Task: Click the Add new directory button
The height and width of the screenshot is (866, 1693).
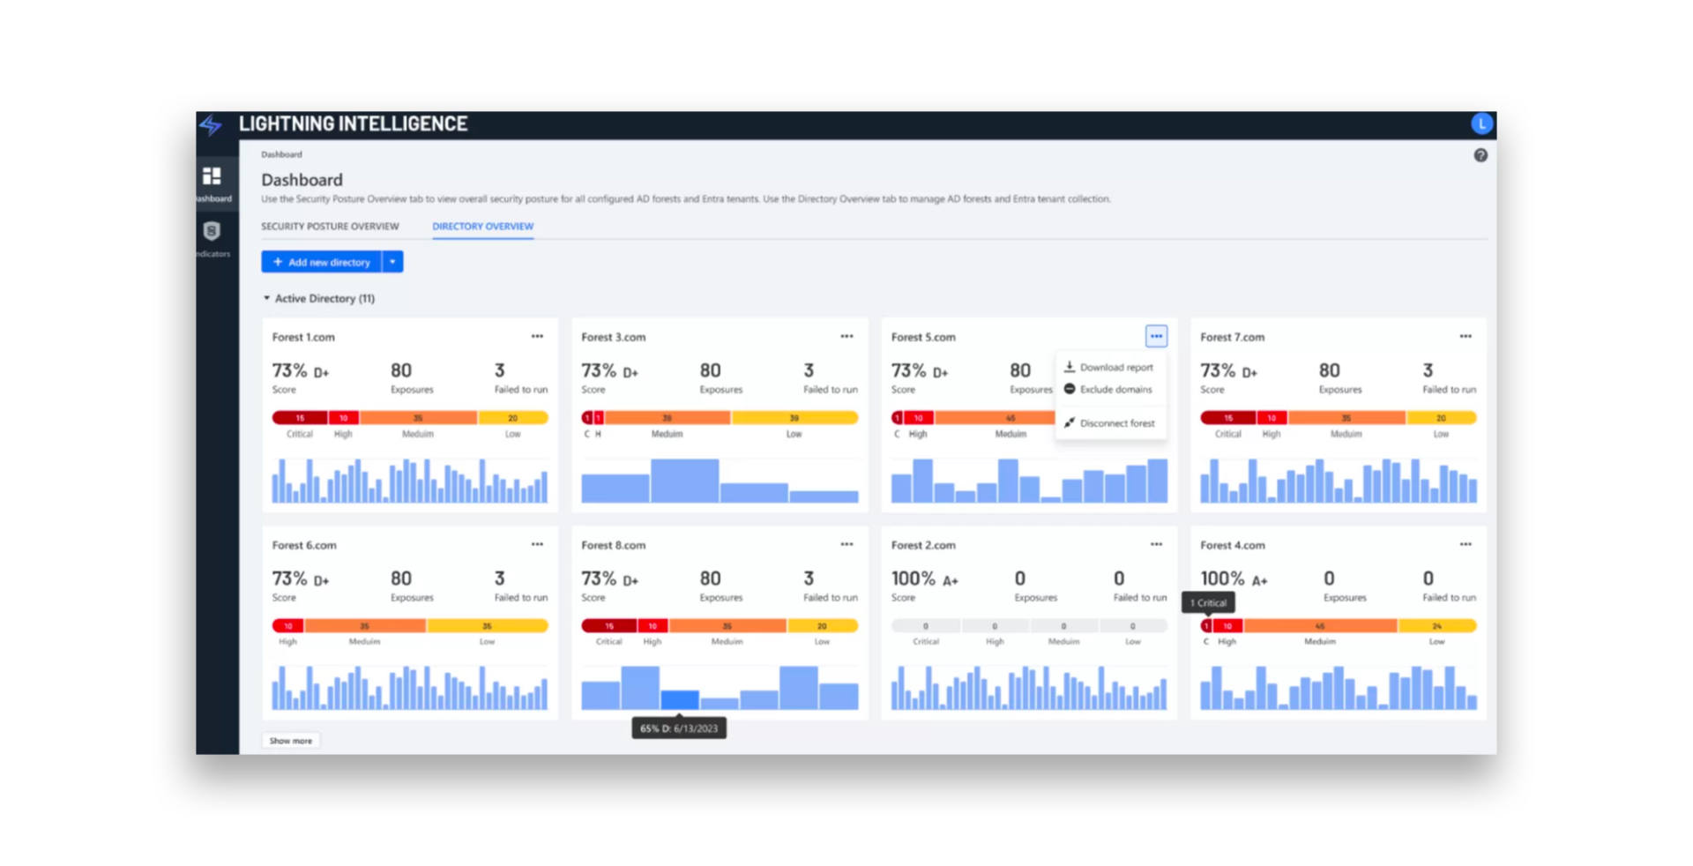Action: pyautogui.click(x=322, y=262)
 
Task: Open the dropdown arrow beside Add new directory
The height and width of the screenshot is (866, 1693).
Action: pyautogui.click(x=393, y=262)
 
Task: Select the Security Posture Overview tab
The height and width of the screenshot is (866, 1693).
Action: pyautogui.click(x=330, y=227)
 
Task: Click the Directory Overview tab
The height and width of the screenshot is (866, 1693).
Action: pyautogui.click(x=482, y=227)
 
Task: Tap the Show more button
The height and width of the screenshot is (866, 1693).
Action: pyautogui.click(x=291, y=741)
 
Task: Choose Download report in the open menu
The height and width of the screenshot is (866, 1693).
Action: pyautogui.click(x=1115, y=368)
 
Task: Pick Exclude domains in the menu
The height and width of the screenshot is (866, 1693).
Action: pyautogui.click(x=1115, y=390)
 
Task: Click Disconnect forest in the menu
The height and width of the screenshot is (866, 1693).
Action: pyautogui.click(x=1116, y=423)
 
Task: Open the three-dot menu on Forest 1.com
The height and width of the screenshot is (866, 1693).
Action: pyautogui.click(x=537, y=337)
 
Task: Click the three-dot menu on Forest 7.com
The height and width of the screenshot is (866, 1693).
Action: pyautogui.click(x=1465, y=337)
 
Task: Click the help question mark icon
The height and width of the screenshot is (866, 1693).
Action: pyautogui.click(x=1480, y=155)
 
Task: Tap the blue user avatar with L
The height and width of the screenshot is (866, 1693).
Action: pyautogui.click(x=1481, y=124)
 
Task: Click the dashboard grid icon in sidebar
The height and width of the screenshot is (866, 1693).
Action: pyautogui.click(x=212, y=176)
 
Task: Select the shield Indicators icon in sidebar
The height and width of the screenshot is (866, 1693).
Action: pyautogui.click(x=212, y=232)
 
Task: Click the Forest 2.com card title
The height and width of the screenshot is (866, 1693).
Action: pyautogui.click(x=923, y=546)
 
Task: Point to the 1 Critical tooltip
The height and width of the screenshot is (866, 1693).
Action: pyautogui.click(x=1208, y=603)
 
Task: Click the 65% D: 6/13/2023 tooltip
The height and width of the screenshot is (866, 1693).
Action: pyautogui.click(x=679, y=728)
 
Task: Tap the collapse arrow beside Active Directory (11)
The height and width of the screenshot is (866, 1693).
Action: pyautogui.click(x=267, y=299)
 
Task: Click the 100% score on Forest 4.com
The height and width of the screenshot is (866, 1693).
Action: pyautogui.click(x=1222, y=579)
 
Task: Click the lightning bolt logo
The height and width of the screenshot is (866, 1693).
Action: pyautogui.click(x=211, y=124)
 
